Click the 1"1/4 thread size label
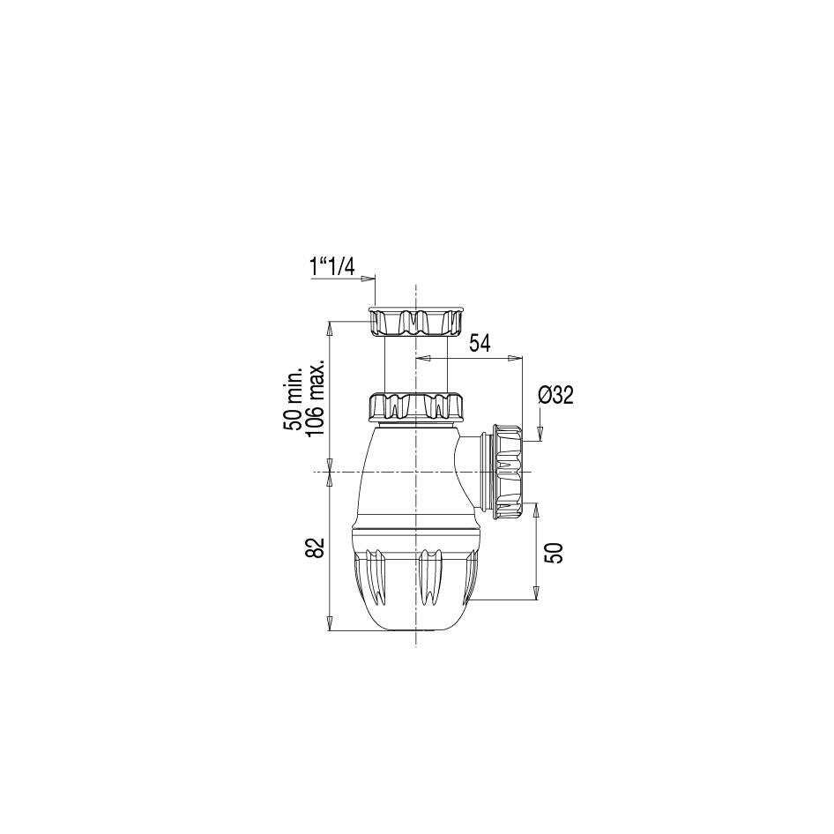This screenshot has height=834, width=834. coord(332,266)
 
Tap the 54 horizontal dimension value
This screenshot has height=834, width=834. coord(480,344)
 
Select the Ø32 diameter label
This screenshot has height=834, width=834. coord(555,395)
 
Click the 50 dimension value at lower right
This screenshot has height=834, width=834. coord(554,552)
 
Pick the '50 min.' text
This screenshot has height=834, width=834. coord(294,398)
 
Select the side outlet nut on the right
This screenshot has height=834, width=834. coord(508,470)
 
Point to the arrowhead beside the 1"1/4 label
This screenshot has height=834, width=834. coord(371,278)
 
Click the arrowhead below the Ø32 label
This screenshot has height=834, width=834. coord(540,432)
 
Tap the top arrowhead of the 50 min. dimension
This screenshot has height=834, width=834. coord(330,327)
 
